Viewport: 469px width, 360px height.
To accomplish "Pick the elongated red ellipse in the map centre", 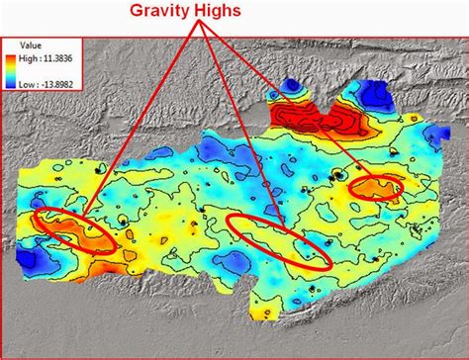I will click(x=279, y=239).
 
